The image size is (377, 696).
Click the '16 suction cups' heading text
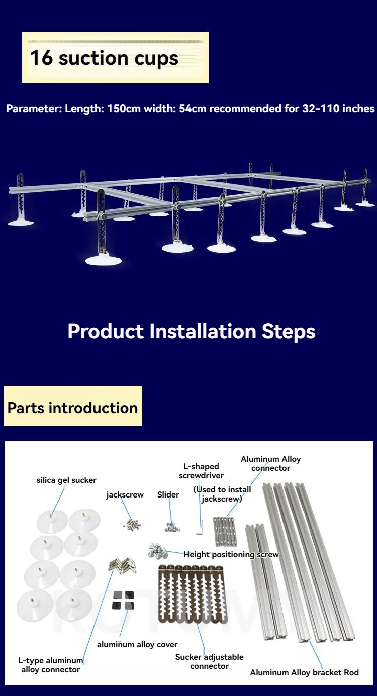(104, 58)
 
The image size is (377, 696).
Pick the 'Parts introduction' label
(72, 408)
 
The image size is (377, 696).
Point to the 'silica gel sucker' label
(66, 480)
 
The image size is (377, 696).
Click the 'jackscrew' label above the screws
(125, 495)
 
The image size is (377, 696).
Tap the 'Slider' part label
(168, 494)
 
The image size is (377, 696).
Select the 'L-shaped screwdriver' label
(202, 471)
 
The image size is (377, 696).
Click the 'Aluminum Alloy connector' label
(271, 464)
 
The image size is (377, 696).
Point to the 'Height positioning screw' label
(231, 555)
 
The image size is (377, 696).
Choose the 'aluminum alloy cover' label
(137, 645)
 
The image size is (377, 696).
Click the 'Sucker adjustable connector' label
(210, 661)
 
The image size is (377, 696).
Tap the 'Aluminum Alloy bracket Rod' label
(305, 673)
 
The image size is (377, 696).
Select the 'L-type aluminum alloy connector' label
(51, 665)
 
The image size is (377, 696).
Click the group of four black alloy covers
(123, 601)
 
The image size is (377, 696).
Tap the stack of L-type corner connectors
(122, 565)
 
